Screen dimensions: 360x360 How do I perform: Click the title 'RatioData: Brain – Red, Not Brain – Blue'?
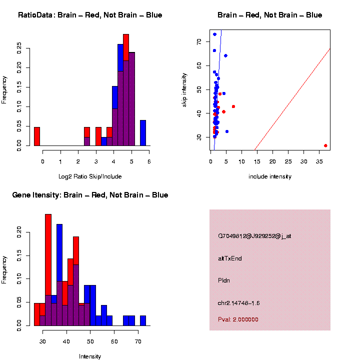[x=90, y=15]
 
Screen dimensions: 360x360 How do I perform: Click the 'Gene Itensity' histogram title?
[x=90, y=194]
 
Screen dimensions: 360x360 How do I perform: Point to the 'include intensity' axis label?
[x=270, y=176]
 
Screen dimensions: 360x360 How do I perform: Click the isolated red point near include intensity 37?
[x=325, y=145]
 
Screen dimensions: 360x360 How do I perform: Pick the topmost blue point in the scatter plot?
[x=214, y=34]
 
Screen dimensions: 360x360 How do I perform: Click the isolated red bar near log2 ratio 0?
[x=36, y=136]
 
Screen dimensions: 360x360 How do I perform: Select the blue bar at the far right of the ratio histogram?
[x=143, y=133]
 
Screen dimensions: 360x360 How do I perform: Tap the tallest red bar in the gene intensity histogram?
[x=48, y=270]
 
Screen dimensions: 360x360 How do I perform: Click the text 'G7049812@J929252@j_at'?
[x=254, y=236]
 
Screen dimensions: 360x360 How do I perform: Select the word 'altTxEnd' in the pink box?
[x=230, y=258]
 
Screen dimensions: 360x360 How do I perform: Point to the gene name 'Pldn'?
[x=224, y=280]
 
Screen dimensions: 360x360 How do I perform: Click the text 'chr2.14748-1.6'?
[x=239, y=303]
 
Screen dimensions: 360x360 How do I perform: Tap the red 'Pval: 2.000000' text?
[x=238, y=319]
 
